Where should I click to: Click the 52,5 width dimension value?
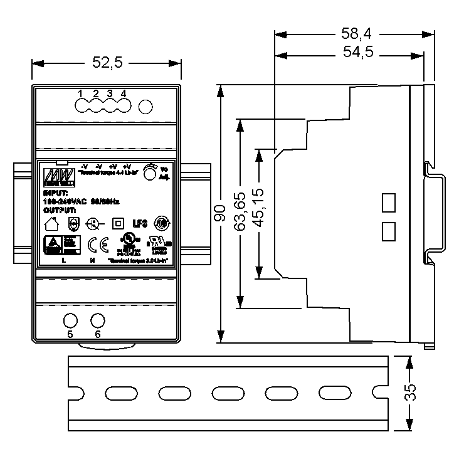click(107, 62)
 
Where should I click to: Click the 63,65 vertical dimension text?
click(239, 213)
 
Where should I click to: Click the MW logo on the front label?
click(60, 174)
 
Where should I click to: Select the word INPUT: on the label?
click(55, 193)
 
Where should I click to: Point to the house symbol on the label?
click(51, 223)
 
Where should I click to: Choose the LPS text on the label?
click(139, 223)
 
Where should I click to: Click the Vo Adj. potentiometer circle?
click(149, 174)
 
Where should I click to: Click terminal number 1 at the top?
click(81, 93)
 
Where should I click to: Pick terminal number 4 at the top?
click(124, 93)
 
